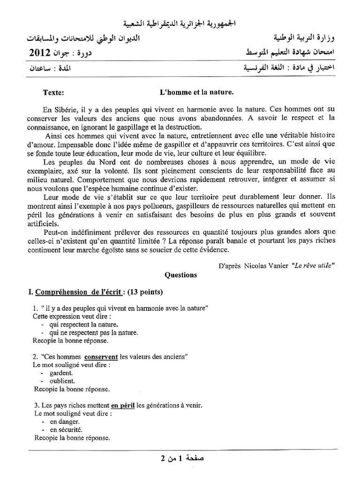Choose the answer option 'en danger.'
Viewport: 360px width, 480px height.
click(64, 421)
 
